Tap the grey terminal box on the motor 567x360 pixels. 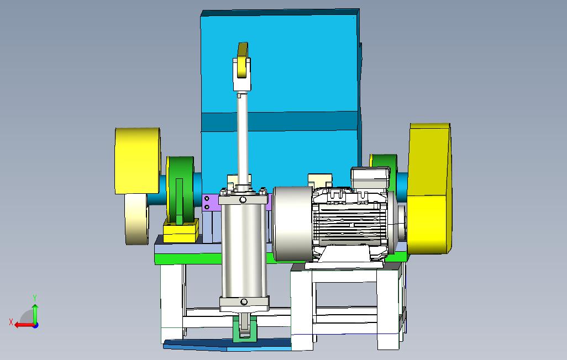click(x=370, y=177)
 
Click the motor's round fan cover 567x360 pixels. click(x=292, y=224)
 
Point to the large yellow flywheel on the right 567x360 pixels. click(x=429, y=188)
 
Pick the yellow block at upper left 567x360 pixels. click(x=138, y=161)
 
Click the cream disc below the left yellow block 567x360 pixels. click(x=136, y=219)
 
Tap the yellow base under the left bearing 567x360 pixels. click(x=181, y=231)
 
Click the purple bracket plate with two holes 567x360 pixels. click(x=211, y=203)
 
